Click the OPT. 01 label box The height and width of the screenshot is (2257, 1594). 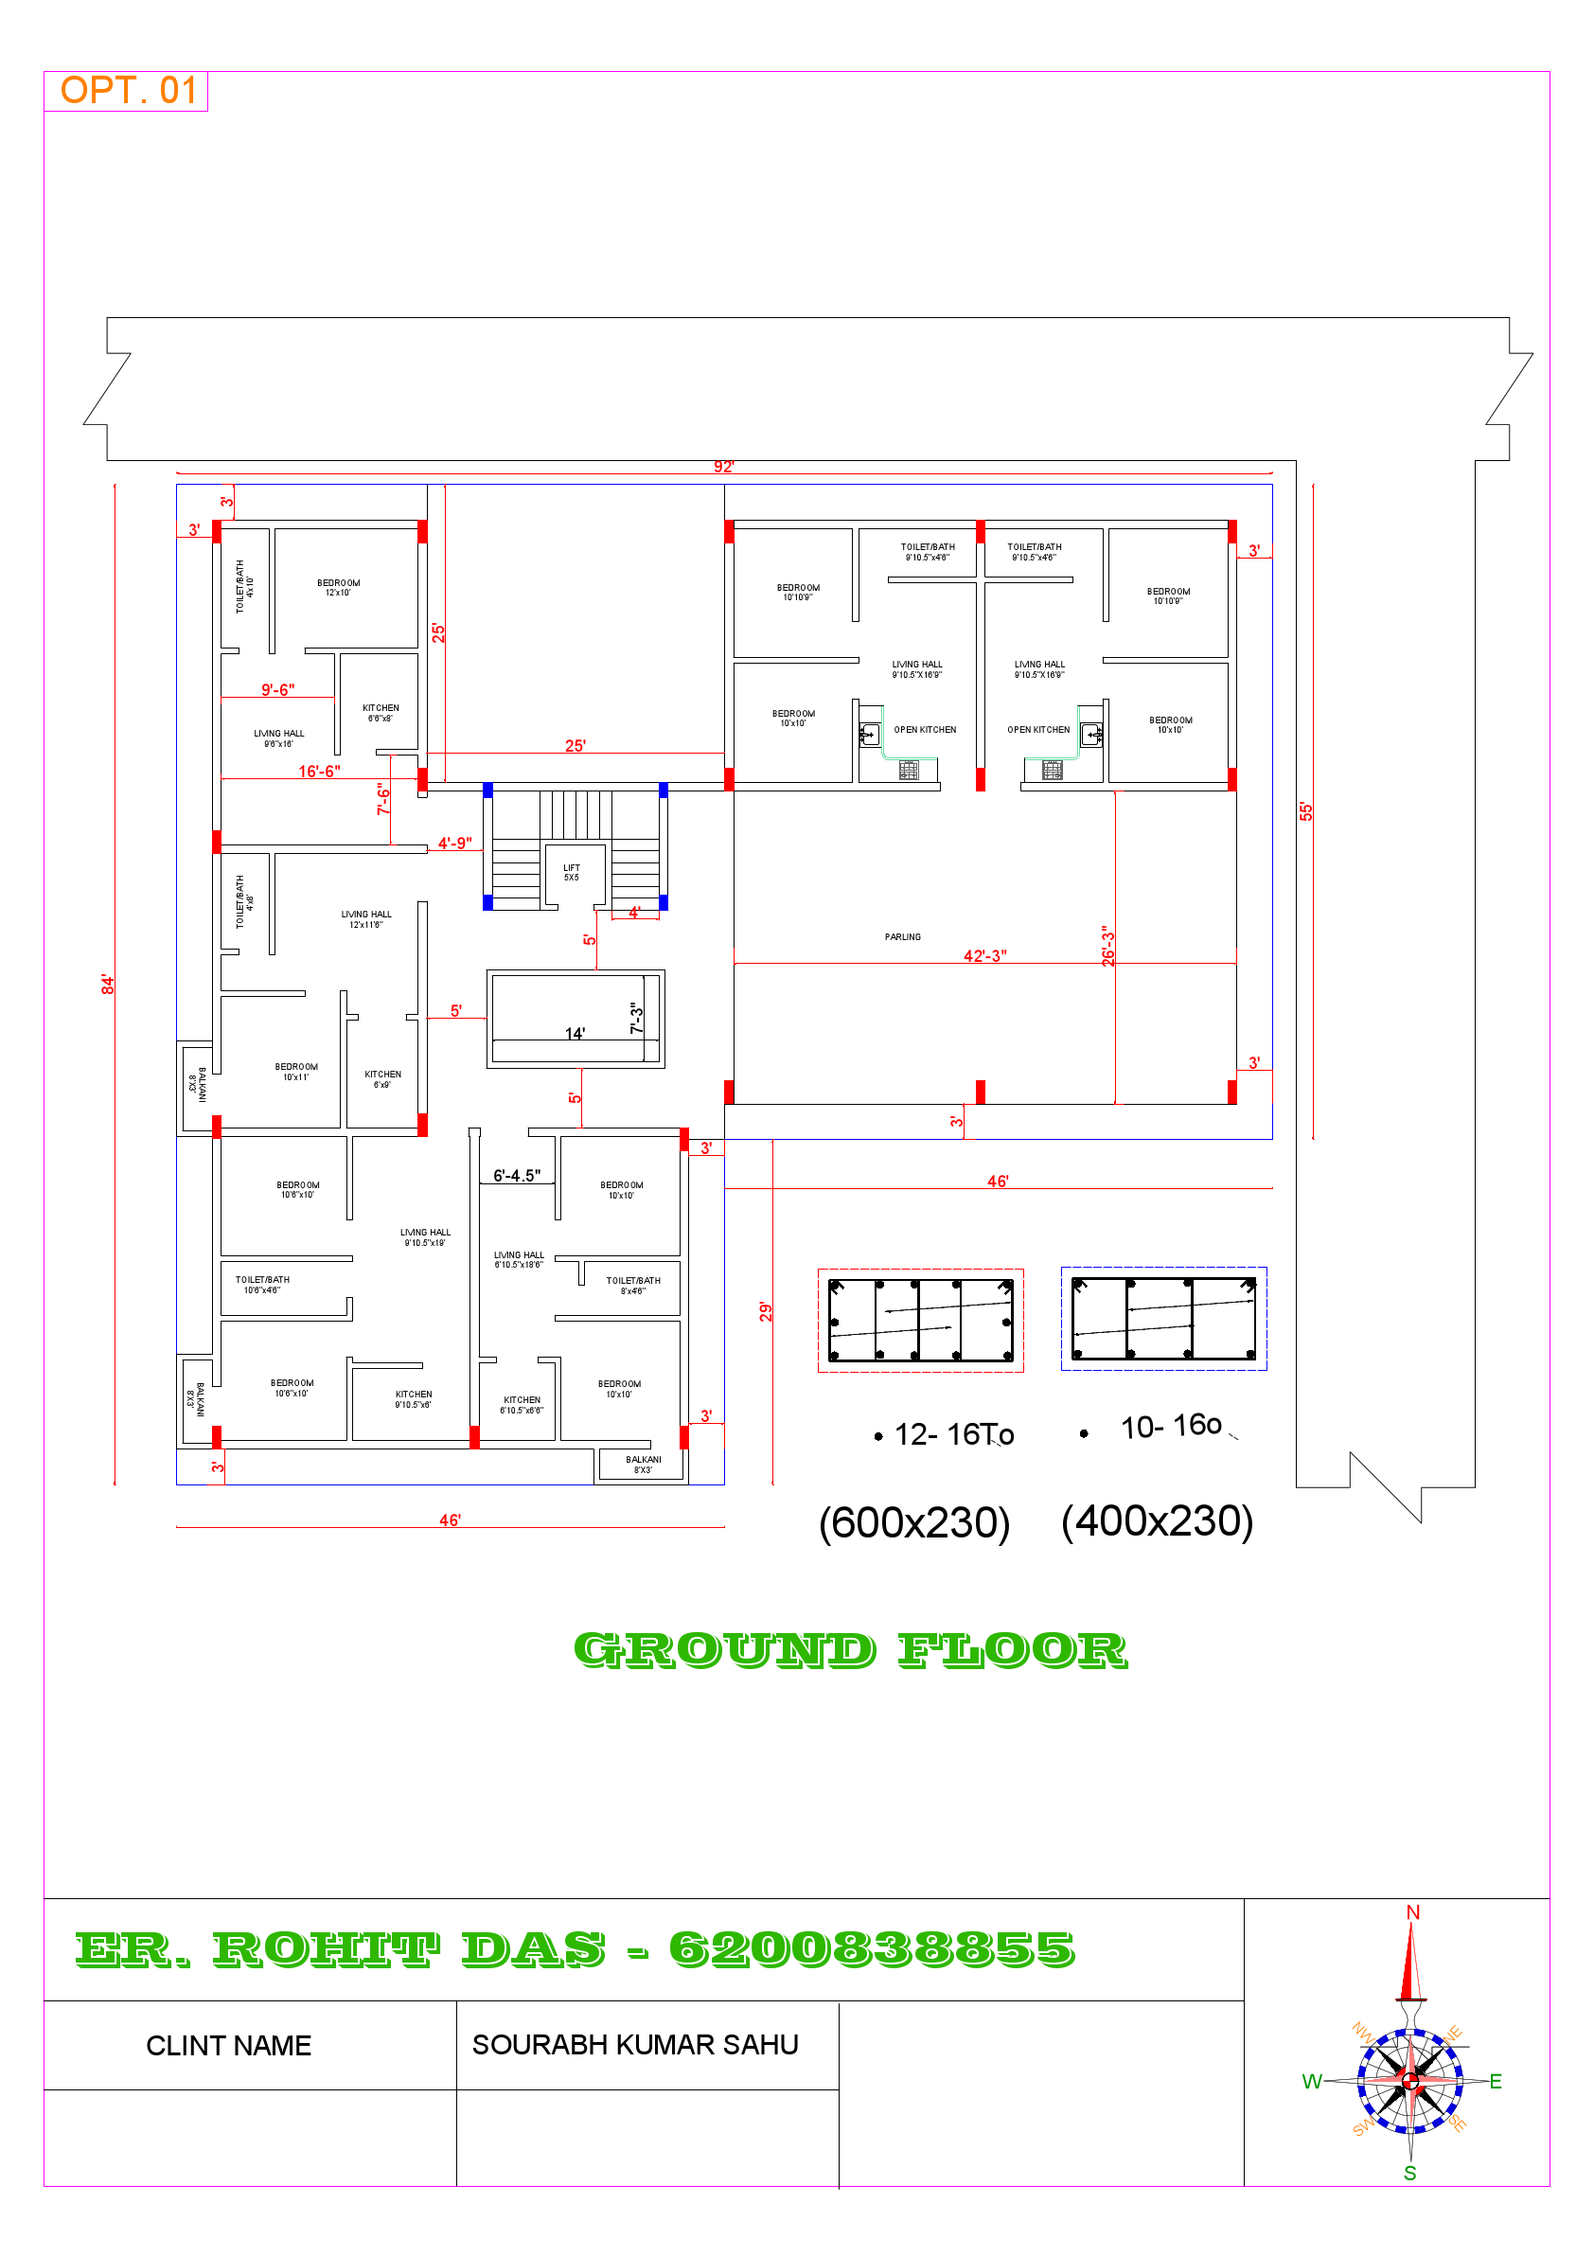point(127,91)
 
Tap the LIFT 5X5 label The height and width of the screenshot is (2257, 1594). point(571,872)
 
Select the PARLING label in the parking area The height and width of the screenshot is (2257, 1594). point(902,937)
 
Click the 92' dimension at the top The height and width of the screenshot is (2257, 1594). point(723,467)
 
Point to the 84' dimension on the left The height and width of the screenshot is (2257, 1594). point(107,984)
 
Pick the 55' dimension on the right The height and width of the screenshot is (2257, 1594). point(1305,811)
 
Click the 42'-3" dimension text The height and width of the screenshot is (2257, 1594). point(983,955)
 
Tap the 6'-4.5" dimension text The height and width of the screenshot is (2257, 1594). point(516,1176)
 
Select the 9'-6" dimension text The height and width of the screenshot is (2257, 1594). point(277,690)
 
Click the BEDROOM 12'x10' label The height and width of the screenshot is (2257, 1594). point(338,588)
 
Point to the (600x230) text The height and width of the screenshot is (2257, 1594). point(914,1522)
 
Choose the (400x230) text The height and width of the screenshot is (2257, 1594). point(1157,1520)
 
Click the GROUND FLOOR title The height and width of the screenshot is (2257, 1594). point(850,1650)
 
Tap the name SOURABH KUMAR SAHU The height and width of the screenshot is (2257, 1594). point(635,2045)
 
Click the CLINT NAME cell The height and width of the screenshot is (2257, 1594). point(229,2046)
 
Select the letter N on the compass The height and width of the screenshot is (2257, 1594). point(1412,1912)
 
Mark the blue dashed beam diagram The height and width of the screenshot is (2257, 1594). point(1163,1319)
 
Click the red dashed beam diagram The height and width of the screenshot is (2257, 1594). point(920,1320)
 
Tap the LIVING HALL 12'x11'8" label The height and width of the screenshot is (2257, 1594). point(365,919)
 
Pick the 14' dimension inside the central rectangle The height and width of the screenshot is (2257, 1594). point(575,1033)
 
